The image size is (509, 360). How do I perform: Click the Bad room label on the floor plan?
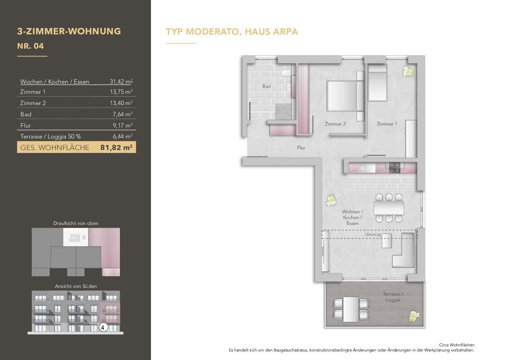(x=267, y=86)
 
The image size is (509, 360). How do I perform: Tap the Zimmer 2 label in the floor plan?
(x=335, y=124)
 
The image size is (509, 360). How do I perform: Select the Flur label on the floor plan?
(x=301, y=148)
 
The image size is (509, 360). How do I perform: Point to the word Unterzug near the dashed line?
(x=373, y=234)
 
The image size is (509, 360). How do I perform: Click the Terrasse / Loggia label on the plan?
(x=393, y=297)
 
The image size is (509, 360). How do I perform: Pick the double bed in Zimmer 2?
(x=345, y=96)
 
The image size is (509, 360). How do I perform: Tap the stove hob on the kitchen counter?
(x=395, y=168)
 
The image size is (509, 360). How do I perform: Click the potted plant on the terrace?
(x=414, y=316)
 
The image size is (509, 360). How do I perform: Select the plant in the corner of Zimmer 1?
(x=408, y=71)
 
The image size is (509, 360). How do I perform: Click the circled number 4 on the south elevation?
(x=103, y=327)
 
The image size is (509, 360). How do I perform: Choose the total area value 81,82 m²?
(x=116, y=148)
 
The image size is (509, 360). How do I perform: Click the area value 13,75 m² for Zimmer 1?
(x=121, y=92)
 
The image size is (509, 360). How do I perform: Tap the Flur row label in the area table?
(x=26, y=126)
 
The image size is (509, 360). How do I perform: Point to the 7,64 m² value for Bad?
(x=123, y=114)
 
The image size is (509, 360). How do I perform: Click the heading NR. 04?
(x=31, y=46)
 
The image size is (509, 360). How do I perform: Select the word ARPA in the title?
(x=285, y=32)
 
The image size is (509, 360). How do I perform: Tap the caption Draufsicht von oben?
(x=76, y=223)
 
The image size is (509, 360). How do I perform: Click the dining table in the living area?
(x=389, y=208)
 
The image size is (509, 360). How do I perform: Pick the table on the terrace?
(x=351, y=309)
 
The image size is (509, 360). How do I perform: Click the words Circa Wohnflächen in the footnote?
(x=457, y=345)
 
